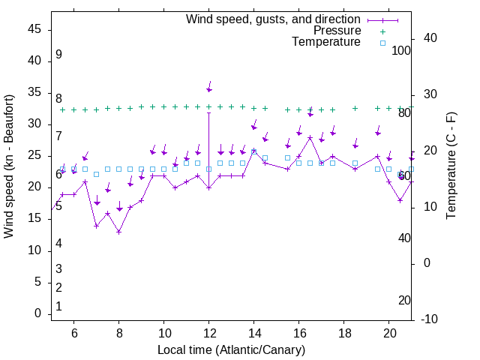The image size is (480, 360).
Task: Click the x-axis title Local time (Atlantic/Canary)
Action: coord(232,350)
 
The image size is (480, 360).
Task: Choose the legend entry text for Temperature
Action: coord(326,42)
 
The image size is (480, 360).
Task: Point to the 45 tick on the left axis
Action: coord(34,29)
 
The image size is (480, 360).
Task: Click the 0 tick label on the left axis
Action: coord(37,313)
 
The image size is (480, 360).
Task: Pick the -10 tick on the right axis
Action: coord(432,319)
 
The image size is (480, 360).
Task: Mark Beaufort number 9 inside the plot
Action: coord(58,55)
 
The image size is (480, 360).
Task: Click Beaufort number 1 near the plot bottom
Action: coord(58,307)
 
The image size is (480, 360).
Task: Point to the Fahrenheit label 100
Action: coord(401,51)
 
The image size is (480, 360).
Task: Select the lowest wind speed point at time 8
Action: coord(118,232)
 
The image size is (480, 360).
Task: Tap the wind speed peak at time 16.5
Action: coord(310,137)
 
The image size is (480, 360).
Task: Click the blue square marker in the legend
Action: coord(382,43)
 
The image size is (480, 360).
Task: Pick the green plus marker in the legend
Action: coord(382,31)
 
